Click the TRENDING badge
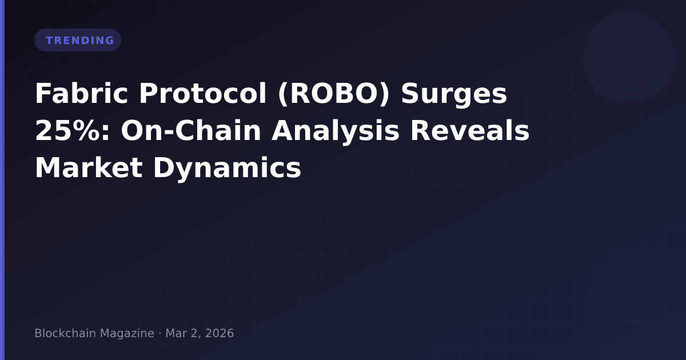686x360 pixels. pos(78,40)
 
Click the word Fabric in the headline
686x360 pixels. pos(81,93)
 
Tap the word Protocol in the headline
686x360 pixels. pos(203,93)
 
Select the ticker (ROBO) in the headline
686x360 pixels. pos(334,94)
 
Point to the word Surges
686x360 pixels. pos(454,95)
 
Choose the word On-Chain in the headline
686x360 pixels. pos(191,131)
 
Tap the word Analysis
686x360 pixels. pos(336,132)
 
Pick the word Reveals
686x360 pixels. pos(470,131)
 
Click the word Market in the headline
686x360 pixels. pos(89,168)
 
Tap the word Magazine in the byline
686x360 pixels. pos(127,334)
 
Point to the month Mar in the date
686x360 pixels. pos(177,333)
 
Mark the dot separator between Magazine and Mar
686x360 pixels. pos(160,333)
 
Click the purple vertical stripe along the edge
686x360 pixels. pos(2,180)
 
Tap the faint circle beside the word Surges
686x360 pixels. pos(629,57)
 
